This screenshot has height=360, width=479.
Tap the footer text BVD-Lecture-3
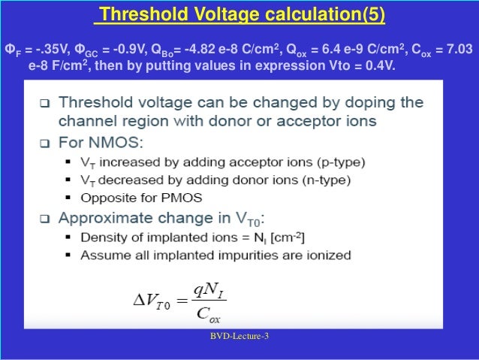point(239,337)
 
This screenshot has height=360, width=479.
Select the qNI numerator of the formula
point(206,289)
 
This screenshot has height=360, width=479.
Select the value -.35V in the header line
point(53,50)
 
